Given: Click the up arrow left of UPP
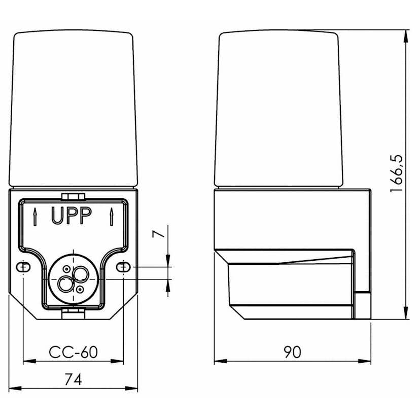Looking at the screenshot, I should point(34,217).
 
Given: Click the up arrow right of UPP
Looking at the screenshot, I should point(111,217).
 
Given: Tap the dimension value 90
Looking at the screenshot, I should point(292,352).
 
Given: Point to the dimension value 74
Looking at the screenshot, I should point(74,379).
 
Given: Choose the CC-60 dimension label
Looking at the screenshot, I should point(73,352).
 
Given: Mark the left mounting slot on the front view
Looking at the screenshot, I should point(23,267).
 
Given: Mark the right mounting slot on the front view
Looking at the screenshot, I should point(123,267).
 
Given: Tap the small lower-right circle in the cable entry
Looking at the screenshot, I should point(80,289).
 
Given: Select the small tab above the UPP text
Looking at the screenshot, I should point(73,196).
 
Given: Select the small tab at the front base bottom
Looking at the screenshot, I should point(73,314).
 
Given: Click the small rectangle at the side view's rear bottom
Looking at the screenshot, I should point(362,305).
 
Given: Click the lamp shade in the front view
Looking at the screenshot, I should point(74,109).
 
